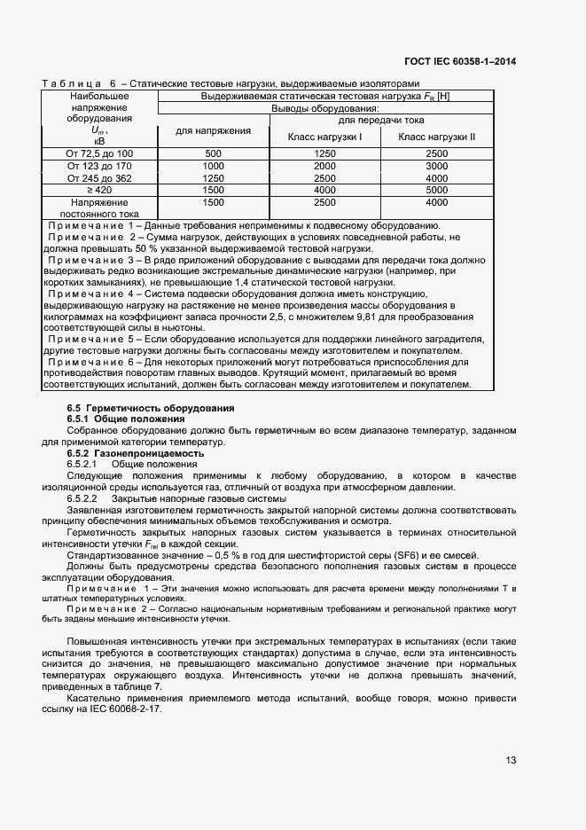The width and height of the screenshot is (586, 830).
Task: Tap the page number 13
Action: (x=511, y=760)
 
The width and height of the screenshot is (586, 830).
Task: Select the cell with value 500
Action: (x=213, y=153)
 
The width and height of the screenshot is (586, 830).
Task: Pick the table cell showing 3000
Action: (x=436, y=166)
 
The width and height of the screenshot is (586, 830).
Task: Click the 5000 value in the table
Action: (x=436, y=190)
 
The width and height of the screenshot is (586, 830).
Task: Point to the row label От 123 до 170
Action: (x=99, y=166)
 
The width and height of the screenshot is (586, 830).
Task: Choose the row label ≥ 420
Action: (x=99, y=190)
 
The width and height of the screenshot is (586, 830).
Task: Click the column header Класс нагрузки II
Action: (x=436, y=137)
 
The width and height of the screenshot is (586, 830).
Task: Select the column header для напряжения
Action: (x=213, y=131)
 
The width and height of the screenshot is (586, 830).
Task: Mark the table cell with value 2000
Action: (x=324, y=166)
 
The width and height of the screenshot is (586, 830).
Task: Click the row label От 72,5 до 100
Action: (x=99, y=153)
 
